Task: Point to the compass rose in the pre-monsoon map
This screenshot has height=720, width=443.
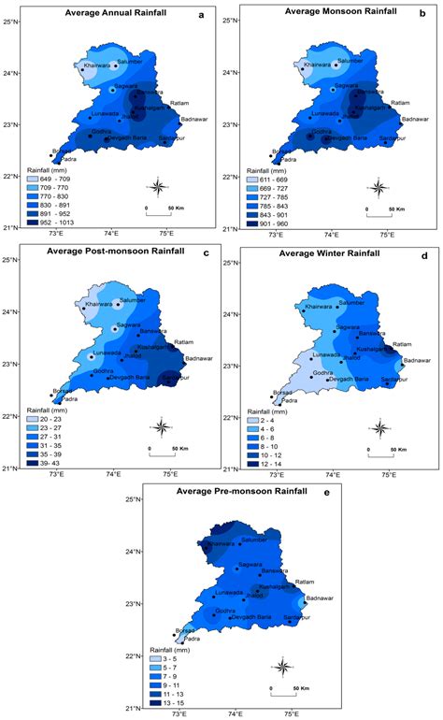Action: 284,666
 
